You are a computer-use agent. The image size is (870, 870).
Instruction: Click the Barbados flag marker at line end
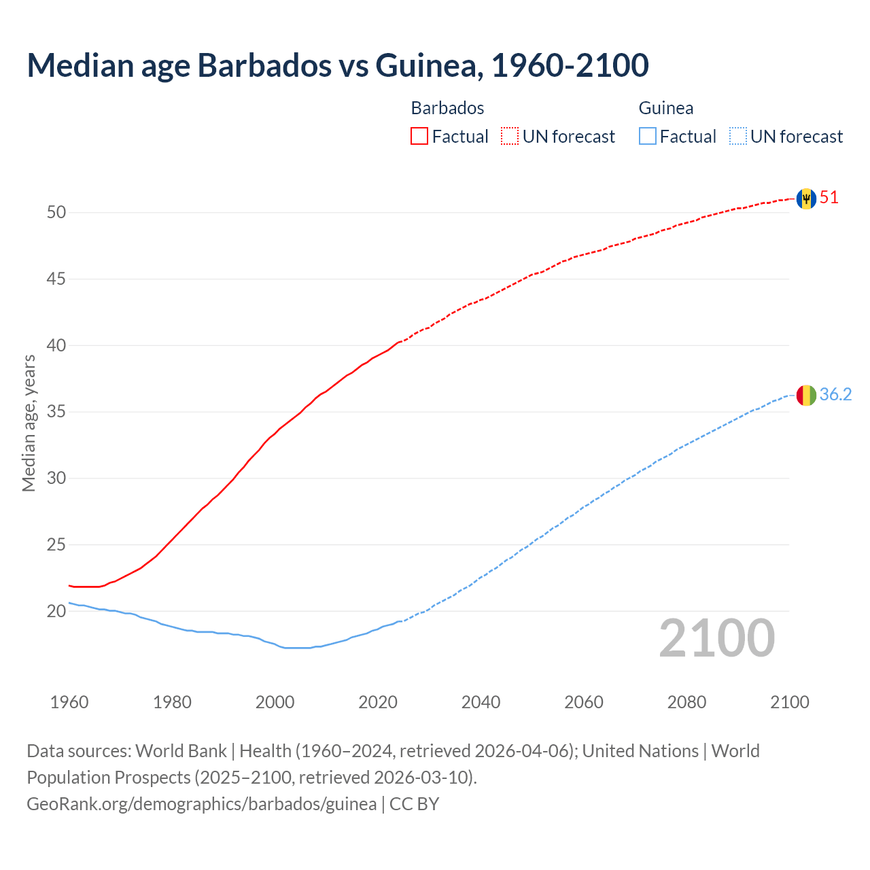click(806, 198)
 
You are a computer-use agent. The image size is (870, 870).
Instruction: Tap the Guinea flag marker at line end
click(806, 395)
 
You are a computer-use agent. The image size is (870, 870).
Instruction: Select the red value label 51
click(829, 198)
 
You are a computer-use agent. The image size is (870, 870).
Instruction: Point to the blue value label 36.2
click(835, 395)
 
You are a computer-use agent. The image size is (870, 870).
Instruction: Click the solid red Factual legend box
click(419, 137)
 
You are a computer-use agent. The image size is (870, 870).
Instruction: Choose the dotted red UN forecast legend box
click(510, 137)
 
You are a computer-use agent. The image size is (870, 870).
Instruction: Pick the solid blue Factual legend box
click(648, 137)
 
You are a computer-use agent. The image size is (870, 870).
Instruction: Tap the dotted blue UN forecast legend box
click(737, 137)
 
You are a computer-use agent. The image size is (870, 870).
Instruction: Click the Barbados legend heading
click(447, 108)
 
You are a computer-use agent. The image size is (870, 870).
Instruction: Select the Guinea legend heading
click(666, 108)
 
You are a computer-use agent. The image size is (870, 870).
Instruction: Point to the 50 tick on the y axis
click(56, 213)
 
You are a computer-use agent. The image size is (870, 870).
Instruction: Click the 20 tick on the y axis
click(56, 611)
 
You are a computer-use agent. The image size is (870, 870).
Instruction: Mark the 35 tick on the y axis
click(56, 412)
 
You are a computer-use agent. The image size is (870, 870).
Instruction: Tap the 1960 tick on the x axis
click(69, 702)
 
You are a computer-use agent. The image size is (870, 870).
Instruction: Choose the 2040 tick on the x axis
click(481, 702)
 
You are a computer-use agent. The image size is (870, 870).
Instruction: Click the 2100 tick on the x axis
click(790, 702)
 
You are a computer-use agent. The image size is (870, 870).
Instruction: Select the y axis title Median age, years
click(29, 423)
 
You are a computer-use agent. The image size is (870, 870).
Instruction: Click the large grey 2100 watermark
click(717, 638)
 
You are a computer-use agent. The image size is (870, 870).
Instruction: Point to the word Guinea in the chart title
click(429, 65)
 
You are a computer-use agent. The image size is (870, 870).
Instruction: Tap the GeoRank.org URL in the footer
click(201, 804)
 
